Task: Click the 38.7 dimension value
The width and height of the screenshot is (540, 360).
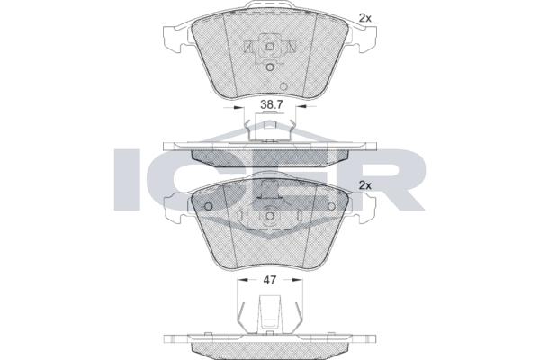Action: [272, 105]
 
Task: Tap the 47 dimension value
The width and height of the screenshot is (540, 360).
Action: [270, 280]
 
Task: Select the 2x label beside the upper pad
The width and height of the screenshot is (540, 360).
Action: [365, 19]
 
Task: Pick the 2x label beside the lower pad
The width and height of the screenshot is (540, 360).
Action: [365, 185]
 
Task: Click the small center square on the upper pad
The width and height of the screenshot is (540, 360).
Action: [270, 47]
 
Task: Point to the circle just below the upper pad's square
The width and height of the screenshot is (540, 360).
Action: [270, 67]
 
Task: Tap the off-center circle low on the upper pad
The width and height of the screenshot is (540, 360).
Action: [283, 86]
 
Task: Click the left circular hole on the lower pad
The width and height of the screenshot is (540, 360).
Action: [209, 206]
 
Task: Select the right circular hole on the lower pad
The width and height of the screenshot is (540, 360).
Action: [331, 206]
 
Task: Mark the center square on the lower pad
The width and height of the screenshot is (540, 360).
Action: [270, 216]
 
